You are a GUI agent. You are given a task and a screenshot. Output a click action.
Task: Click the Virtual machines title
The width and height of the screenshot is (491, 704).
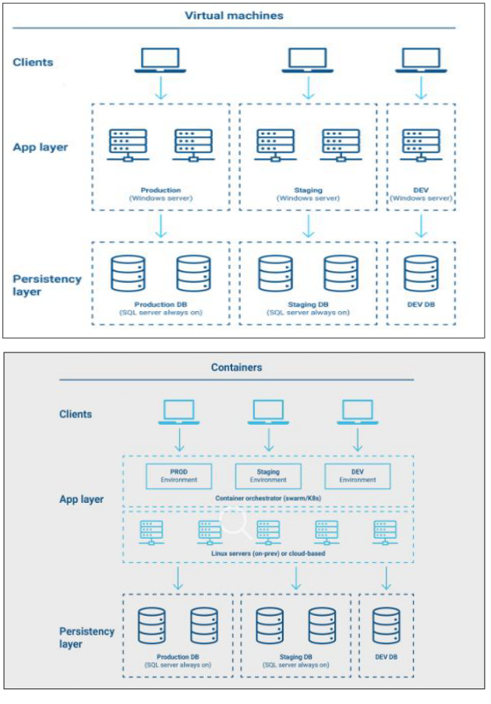click(x=234, y=16)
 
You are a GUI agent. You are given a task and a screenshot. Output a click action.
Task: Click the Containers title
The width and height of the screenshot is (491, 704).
click(x=236, y=367)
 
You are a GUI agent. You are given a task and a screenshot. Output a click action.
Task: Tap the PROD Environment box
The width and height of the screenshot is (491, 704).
click(x=179, y=476)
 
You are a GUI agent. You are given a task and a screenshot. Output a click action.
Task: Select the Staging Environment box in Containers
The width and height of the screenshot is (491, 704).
click(x=268, y=476)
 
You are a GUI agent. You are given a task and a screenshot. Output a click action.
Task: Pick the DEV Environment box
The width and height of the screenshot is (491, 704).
click(x=357, y=476)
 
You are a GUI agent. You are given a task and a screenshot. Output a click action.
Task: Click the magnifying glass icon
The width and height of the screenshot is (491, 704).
click(x=237, y=525)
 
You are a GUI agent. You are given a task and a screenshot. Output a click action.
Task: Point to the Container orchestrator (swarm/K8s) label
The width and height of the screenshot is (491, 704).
click(x=267, y=497)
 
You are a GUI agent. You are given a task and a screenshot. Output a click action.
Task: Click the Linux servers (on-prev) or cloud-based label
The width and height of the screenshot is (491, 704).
click(x=267, y=553)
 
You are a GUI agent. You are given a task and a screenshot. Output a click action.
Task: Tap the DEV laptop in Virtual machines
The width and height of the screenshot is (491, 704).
click(x=421, y=59)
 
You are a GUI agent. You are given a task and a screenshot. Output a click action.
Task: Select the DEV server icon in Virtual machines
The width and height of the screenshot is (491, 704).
click(x=421, y=145)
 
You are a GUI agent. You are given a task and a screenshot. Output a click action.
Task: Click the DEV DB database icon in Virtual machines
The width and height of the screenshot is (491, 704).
click(x=421, y=273)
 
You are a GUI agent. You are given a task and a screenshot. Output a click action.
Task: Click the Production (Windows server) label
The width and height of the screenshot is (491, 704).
click(x=161, y=194)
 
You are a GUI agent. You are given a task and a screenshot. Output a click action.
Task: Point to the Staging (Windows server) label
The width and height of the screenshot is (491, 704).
click(x=309, y=194)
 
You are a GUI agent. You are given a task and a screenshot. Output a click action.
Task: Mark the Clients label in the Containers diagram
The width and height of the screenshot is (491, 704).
click(x=76, y=414)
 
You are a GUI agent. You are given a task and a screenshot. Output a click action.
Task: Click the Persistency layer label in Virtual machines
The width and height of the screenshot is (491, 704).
click(x=47, y=285)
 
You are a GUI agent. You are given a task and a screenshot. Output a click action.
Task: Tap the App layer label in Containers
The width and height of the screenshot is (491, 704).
click(x=81, y=499)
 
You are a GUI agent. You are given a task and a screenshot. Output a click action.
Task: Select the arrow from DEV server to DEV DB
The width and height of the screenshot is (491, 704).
click(x=421, y=225)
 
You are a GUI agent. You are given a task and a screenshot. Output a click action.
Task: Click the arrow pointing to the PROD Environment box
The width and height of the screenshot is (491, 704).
click(x=179, y=440)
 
